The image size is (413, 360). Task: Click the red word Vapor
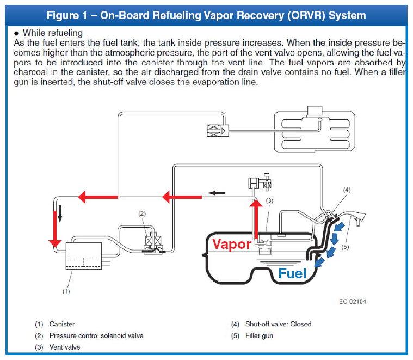(232, 244)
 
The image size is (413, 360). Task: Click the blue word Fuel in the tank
(292, 273)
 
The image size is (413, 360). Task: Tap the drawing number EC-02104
(353, 302)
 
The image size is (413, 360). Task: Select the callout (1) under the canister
(66, 291)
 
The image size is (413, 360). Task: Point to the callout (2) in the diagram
(142, 213)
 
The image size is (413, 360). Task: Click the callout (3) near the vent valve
(269, 200)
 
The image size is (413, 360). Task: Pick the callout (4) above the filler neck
(347, 190)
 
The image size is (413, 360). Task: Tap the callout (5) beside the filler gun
(345, 247)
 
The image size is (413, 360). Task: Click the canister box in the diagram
(83, 255)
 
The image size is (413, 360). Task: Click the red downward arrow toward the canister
(55, 229)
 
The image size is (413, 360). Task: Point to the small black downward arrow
(60, 213)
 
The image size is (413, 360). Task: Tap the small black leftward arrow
(217, 193)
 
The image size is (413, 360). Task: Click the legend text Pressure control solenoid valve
(96, 335)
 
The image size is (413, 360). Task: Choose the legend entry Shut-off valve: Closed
(279, 324)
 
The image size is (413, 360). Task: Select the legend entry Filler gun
(259, 335)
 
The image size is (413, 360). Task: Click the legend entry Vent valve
(65, 347)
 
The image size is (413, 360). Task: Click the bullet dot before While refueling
(16, 33)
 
